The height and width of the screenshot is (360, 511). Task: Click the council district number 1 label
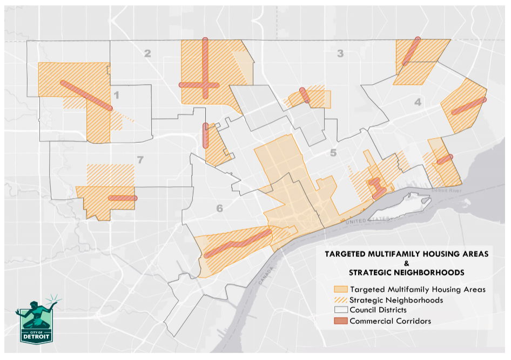116,96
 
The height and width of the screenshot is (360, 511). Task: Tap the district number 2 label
147,53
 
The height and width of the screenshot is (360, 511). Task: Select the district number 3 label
340,53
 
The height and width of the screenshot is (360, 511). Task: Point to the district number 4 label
418,101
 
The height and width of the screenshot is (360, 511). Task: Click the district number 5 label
333,153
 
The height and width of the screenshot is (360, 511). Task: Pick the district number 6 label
219,209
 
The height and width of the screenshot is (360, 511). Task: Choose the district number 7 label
140,159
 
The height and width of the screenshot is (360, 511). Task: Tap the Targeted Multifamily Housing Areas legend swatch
341,289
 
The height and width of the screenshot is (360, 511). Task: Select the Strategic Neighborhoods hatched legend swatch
341,300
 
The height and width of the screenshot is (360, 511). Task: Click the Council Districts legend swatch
341,310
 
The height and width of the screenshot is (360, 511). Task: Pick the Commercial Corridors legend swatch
341,321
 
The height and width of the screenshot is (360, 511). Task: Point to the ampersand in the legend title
406,263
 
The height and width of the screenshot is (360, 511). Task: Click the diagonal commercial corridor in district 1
86,95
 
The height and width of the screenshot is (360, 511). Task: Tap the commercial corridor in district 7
123,198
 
